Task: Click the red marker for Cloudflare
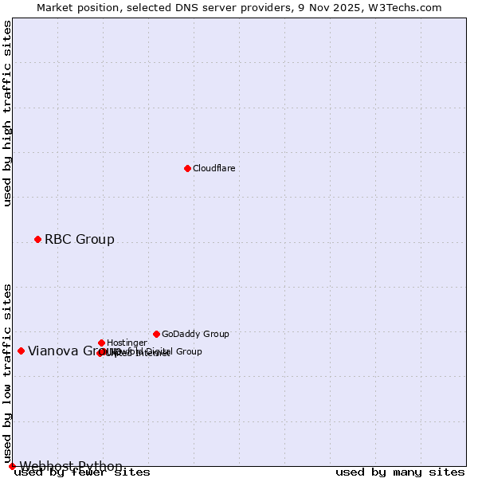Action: click(x=187, y=168)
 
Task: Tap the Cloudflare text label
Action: click(x=214, y=169)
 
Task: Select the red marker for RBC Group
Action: click(x=37, y=239)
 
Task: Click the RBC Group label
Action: click(x=79, y=240)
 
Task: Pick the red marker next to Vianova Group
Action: click(x=21, y=351)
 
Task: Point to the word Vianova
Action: click(x=53, y=351)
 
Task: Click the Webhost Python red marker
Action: click(x=12, y=466)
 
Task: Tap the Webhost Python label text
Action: click(x=71, y=467)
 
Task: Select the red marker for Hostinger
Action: click(x=101, y=343)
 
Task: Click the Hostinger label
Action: click(x=127, y=343)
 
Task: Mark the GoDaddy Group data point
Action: click(x=156, y=334)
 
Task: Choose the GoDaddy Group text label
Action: click(x=195, y=335)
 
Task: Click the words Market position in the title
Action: click(x=74, y=7)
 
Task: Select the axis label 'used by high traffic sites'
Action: click(x=8, y=113)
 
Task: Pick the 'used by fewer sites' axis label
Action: click(x=82, y=472)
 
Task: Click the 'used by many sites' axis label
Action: click(x=400, y=472)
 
